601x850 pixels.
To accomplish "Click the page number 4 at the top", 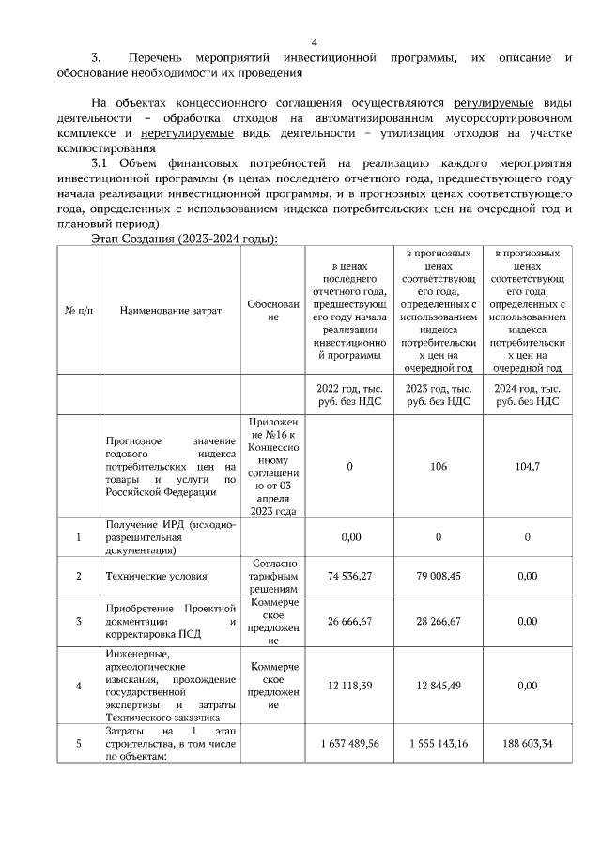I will point(315,42).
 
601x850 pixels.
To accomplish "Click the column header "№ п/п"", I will point(78,311).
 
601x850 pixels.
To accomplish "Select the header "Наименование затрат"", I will point(171,311).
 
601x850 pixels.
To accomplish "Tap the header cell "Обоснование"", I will point(273,311).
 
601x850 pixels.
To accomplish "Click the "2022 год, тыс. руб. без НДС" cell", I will point(350,394).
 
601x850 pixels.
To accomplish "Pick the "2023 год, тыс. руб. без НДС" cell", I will point(439,394).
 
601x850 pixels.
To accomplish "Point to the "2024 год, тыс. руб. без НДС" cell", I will point(527,394).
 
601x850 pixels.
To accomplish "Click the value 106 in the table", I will point(439,466).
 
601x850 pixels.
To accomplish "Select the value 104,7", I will point(527,466).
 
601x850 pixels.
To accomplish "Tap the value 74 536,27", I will point(350,575).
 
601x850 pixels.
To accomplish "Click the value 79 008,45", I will point(439,575).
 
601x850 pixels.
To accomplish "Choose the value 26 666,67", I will point(350,621).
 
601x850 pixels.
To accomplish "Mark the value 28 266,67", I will point(439,621).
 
